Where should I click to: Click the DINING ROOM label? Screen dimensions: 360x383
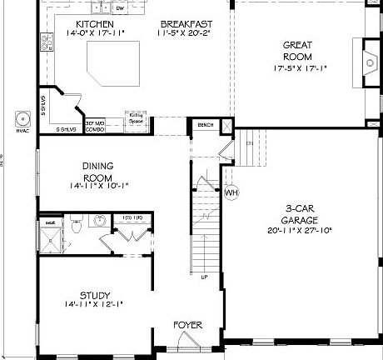pos(97,172)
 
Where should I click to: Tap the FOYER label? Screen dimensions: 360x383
pos(187,323)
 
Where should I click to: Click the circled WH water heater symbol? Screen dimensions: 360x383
pos(232,192)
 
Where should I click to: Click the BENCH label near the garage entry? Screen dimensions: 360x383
pos(205,125)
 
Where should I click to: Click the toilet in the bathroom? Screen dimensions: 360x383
pos(77,223)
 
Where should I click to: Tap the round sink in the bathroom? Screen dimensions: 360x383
pos(99,221)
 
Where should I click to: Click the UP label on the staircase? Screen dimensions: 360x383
pos(204,277)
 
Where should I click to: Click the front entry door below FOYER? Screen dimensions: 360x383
pos(187,343)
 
